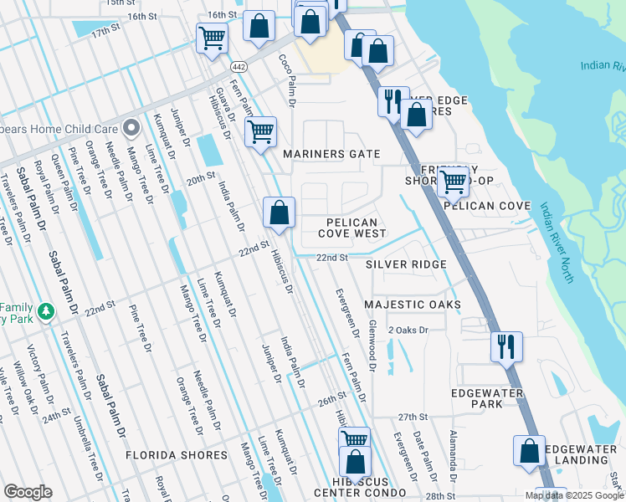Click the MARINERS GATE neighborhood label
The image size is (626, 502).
click(x=331, y=155)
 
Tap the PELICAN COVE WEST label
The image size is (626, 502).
click(x=351, y=228)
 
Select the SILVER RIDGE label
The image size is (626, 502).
click(x=406, y=264)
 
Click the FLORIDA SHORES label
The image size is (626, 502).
click(x=176, y=455)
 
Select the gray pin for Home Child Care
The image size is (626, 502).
click(x=131, y=128)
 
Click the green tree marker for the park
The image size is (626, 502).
click(x=46, y=312)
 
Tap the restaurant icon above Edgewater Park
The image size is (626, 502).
click(x=505, y=346)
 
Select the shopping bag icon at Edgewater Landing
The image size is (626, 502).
click(x=529, y=451)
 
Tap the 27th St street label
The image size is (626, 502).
click(x=413, y=417)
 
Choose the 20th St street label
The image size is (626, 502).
click(x=200, y=180)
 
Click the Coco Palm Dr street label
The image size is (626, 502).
click(x=288, y=80)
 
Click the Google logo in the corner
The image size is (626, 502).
click(x=28, y=492)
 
